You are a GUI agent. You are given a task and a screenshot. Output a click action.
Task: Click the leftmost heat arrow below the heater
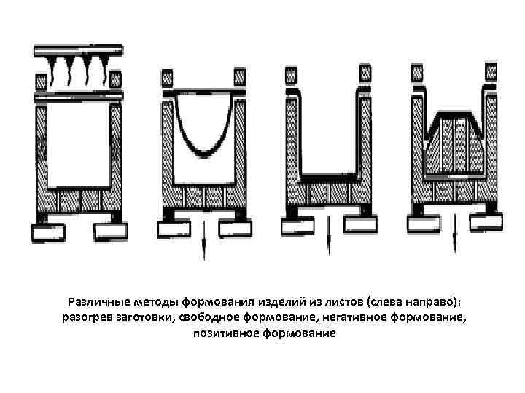point(53,73)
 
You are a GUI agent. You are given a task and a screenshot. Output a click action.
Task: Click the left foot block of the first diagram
point(49,233)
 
